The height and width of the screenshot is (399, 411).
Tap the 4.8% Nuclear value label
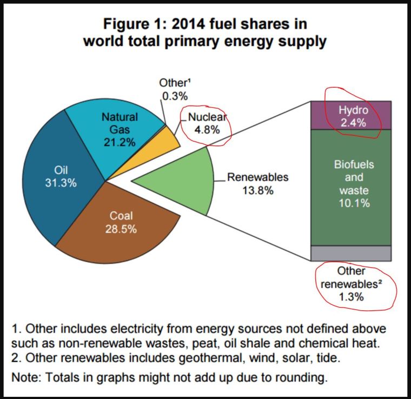(204, 130)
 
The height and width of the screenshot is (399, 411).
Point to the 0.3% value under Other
(175, 96)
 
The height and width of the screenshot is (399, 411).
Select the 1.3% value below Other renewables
(351, 296)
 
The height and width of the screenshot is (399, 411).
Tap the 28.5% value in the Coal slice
(121, 229)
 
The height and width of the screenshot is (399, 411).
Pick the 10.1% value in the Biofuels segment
(354, 203)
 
